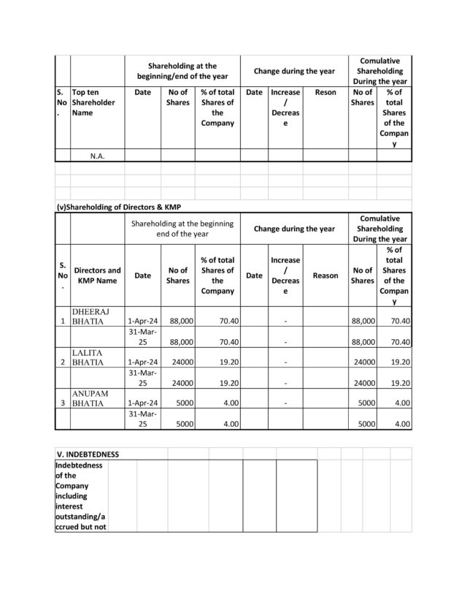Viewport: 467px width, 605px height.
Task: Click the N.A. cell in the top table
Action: point(97,156)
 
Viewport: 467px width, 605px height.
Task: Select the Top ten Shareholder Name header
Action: point(93,103)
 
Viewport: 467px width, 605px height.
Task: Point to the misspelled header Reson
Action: point(325,93)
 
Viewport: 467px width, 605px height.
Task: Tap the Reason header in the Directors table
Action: point(325,275)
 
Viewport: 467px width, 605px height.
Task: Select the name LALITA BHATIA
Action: point(89,357)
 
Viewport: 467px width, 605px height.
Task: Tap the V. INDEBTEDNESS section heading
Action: point(88,454)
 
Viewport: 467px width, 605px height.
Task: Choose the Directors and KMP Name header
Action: point(97,275)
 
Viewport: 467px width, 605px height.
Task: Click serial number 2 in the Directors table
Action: point(63,362)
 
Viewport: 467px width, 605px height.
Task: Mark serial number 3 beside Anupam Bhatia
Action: point(63,403)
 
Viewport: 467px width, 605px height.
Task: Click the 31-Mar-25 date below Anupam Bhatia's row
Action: point(143,418)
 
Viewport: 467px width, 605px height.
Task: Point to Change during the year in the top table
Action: point(294,71)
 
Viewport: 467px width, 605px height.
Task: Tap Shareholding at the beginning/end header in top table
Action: point(182,71)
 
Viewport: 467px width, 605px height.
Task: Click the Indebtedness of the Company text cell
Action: point(81,495)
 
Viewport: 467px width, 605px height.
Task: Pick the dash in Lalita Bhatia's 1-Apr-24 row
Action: point(285,362)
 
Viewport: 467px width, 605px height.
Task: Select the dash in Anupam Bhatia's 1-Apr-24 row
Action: point(285,403)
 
